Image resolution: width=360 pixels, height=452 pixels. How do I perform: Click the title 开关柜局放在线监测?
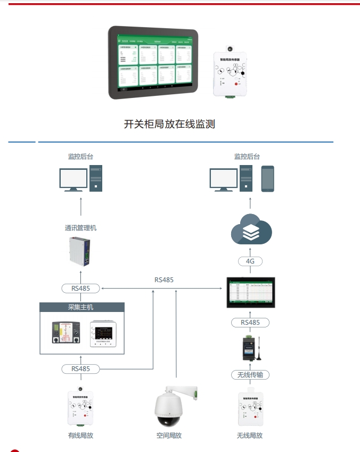pos(169,124)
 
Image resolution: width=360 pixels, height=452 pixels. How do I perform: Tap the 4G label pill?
pos(250,261)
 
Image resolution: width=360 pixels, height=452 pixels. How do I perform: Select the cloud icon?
pos(251,229)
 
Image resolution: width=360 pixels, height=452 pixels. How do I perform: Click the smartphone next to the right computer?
pos(267,179)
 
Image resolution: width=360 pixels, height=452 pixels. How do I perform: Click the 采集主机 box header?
pos(82,307)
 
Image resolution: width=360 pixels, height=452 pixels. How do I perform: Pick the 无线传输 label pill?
pos(250,375)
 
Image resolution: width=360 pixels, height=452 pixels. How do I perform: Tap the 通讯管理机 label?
pos(81,228)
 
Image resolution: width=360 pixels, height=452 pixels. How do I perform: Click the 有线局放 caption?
pos(81,435)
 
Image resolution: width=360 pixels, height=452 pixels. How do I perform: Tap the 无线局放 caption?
pos(250,435)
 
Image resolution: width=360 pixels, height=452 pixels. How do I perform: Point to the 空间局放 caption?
pos(169,435)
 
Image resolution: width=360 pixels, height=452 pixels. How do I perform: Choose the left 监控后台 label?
pos(81,157)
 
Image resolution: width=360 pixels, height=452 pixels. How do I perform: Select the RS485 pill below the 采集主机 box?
pos(81,368)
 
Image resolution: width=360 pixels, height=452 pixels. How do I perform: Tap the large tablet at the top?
pos(153,63)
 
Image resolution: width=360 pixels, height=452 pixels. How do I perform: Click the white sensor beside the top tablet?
pos(231,73)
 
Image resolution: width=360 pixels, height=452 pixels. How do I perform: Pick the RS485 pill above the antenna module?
pos(250,323)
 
